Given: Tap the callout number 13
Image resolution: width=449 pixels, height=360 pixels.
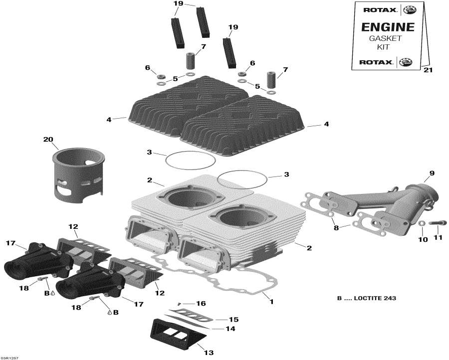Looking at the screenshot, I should click(209, 353).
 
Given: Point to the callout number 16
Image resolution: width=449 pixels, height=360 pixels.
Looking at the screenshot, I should click(201, 303).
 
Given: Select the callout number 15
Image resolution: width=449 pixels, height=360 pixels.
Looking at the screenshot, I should click(233, 319).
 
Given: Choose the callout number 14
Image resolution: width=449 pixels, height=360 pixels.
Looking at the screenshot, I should click(230, 329).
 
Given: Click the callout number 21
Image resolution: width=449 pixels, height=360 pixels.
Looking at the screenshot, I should click(428, 70).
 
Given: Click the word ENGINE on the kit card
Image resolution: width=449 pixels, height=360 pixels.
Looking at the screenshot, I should click(388, 27).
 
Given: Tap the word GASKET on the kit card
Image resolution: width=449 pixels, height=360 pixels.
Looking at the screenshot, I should click(388, 38).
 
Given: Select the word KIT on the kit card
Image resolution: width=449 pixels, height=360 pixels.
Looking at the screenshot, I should click(388, 47).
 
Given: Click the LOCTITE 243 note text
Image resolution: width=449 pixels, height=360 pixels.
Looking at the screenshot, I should click(366, 299).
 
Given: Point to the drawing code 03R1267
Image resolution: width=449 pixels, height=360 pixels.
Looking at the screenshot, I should click(10, 357).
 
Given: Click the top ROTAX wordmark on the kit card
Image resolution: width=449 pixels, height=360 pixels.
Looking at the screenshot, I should click(377, 9).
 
